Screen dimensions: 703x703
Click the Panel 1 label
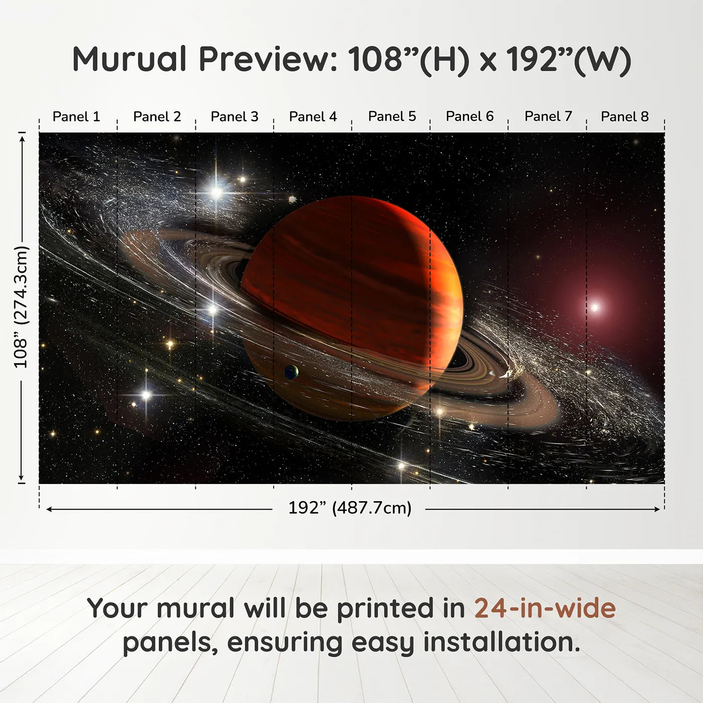click(x=76, y=116)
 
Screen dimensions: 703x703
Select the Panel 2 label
click(x=157, y=116)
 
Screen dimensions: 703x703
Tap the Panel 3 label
click(x=235, y=116)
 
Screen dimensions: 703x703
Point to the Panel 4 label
click(x=313, y=116)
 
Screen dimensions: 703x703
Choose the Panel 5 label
click(x=392, y=116)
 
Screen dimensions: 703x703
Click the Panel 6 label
click(x=470, y=116)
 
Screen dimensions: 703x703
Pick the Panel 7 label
click(x=548, y=116)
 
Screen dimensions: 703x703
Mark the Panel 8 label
click(x=625, y=116)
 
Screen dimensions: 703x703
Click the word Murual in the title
click(x=130, y=59)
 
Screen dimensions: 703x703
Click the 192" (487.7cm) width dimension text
click(x=349, y=508)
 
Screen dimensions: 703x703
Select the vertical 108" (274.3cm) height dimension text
click(x=21, y=307)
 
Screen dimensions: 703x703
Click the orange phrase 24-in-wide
click(x=545, y=609)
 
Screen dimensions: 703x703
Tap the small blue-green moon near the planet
click(x=291, y=372)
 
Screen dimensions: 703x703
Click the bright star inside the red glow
click(x=595, y=307)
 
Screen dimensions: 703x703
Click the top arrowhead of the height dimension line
click(x=22, y=137)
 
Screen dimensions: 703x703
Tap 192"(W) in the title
click(x=568, y=59)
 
